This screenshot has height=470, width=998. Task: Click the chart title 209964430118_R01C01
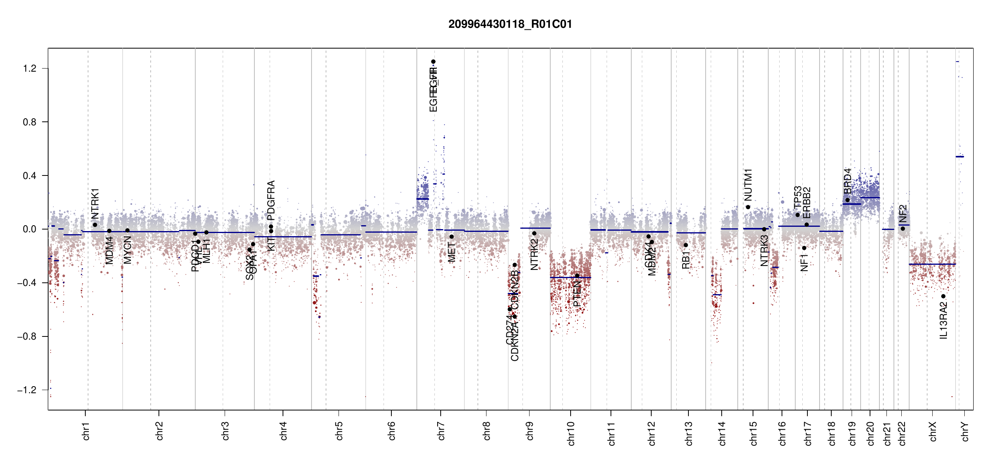[510, 24]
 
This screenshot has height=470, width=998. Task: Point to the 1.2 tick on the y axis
[30, 69]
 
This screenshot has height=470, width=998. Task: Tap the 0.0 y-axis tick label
[30, 229]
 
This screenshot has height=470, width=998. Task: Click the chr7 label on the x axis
[441, 431]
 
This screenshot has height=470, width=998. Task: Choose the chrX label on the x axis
[933, 431]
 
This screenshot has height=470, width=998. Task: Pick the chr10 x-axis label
[571, 434]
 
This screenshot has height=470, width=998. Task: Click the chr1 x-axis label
[86, 431]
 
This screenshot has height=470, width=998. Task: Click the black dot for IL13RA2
[943, 296]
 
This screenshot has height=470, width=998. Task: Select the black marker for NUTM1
[748, 207]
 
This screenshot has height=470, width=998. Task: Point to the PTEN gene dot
[577, 276]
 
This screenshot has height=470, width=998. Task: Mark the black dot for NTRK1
[95, 225]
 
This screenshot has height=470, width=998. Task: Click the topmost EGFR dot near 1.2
[433, 61]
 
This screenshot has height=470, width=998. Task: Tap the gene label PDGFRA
[271, 200]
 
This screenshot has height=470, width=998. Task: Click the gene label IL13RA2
[944, 320]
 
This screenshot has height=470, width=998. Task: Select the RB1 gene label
[686, 260]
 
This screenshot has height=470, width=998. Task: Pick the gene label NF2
[903, 214]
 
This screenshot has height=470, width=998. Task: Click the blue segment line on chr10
[570, 277]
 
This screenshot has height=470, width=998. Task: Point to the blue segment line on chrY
[960, 157]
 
